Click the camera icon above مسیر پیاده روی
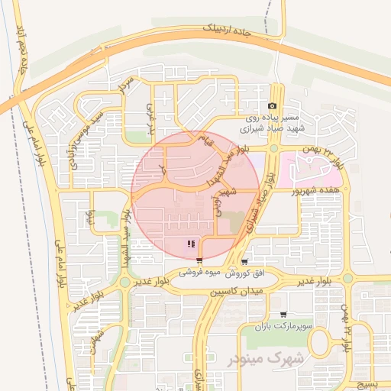click(273, 105)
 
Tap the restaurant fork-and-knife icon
click(190, 244)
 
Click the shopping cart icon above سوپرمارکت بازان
click(283, 314)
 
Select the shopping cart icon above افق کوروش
click(244, 260)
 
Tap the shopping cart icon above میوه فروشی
click(199, 260)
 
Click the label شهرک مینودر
click(265, 357)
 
